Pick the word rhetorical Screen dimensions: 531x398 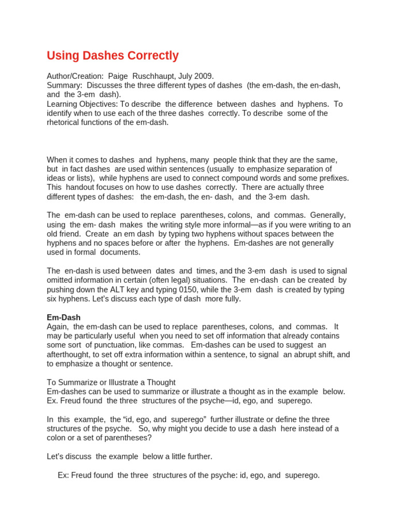64,123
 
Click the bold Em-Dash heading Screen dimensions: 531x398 64,317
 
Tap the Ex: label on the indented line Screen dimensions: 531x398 64,475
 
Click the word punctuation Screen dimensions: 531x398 127,345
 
